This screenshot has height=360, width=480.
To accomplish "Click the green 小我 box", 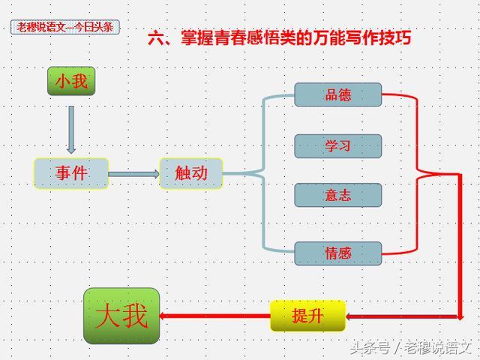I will click(x=72, y=81).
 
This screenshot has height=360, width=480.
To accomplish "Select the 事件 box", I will click(x=71, y=173).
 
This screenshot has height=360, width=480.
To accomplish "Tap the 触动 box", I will click(x=191, y=173).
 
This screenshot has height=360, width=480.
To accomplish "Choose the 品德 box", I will click(x=337, y=95).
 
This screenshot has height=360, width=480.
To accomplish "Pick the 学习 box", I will click(x=337, y=145).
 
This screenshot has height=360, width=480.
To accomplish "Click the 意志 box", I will click(x=337, y=195).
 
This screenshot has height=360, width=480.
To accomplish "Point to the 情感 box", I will click(x=337, y=253).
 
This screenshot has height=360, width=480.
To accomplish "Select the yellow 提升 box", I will click(x=307, y=316).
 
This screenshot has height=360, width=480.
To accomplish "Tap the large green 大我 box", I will click(x=121, y=316).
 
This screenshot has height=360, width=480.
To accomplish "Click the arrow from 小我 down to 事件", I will click(x=71, y=129).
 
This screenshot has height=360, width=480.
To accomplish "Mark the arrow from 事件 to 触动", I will click(x=133, y=174).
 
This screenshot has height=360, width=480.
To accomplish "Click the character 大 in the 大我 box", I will click(x=108, y=316).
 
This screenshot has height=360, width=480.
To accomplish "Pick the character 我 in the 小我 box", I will click(x=80, y=81).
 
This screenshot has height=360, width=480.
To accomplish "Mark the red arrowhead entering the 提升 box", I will click(x=351, y=316).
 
